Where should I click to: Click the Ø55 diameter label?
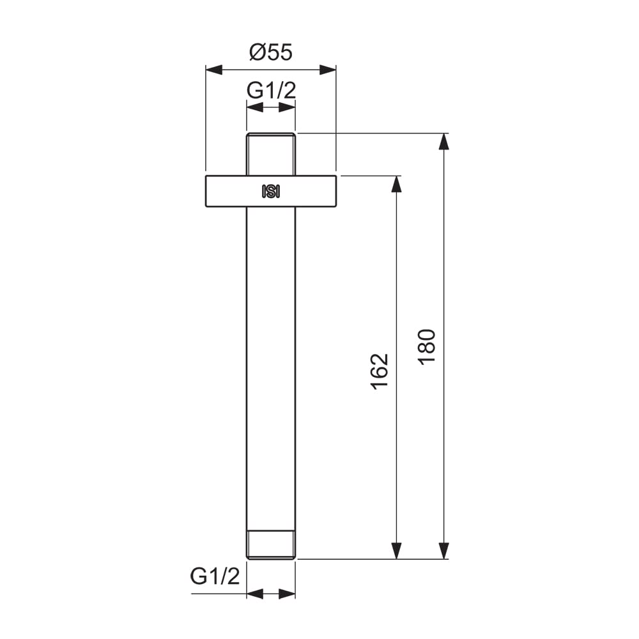click(x=271, y=52)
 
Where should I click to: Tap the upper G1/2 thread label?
click(x=271, y=90)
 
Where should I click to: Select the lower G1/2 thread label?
click(x=215, y=576)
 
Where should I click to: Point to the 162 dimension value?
click(x=380, y=372)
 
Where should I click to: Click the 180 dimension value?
click(x=427, y=347)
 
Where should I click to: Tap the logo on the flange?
click(x=271, y=192)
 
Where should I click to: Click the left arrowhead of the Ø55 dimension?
click(x=214, y=70)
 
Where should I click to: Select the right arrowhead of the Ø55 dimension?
click(x=328, y=70)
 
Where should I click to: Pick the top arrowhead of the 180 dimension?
click(x=444, y=142)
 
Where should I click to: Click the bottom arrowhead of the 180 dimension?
click(x=444, y=551)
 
